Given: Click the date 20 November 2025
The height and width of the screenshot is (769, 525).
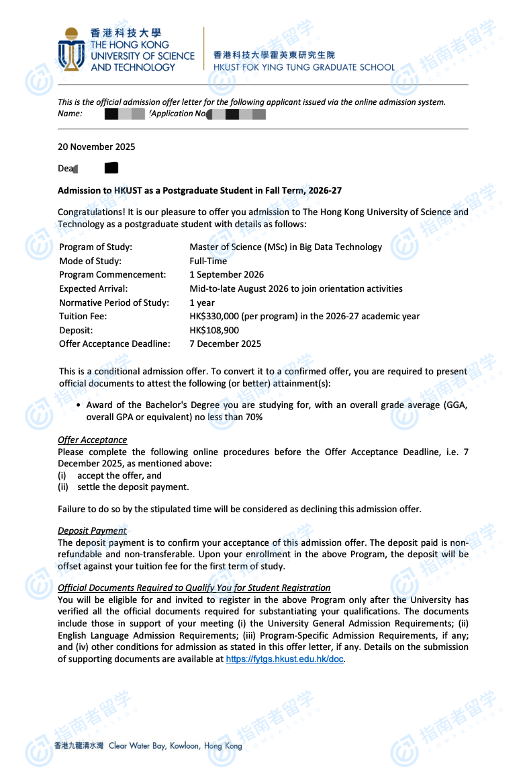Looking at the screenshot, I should [x=97, y=147].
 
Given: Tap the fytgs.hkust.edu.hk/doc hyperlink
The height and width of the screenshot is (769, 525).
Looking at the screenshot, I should [x=285, y=659].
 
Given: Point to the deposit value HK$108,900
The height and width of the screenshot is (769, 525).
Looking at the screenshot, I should [x=214, y=330].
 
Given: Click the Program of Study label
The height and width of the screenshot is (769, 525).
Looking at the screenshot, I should [x=95, y=247].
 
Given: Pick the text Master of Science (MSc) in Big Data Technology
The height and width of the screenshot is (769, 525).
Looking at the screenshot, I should [x=285, y=247].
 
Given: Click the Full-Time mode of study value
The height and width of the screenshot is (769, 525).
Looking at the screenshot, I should [x=208, y=261].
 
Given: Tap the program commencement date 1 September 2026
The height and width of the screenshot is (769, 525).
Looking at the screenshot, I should [x=227, y=274].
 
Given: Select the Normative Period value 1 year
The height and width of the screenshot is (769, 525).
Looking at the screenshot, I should [x=202, y=302].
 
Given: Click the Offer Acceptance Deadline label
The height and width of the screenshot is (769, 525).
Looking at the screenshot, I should [x=115, y=343].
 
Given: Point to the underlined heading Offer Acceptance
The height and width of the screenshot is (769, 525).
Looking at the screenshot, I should [x=92, y=440].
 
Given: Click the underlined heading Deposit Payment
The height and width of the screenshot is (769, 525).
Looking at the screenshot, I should [x=92, y=530].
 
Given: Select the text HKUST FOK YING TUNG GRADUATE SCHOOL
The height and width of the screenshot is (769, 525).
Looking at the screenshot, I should [x=304, y=67].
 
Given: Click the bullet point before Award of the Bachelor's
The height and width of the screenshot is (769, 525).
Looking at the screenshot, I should [x=79, y=405].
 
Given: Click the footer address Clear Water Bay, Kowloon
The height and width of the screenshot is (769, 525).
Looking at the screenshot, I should [x=175, y=745].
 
